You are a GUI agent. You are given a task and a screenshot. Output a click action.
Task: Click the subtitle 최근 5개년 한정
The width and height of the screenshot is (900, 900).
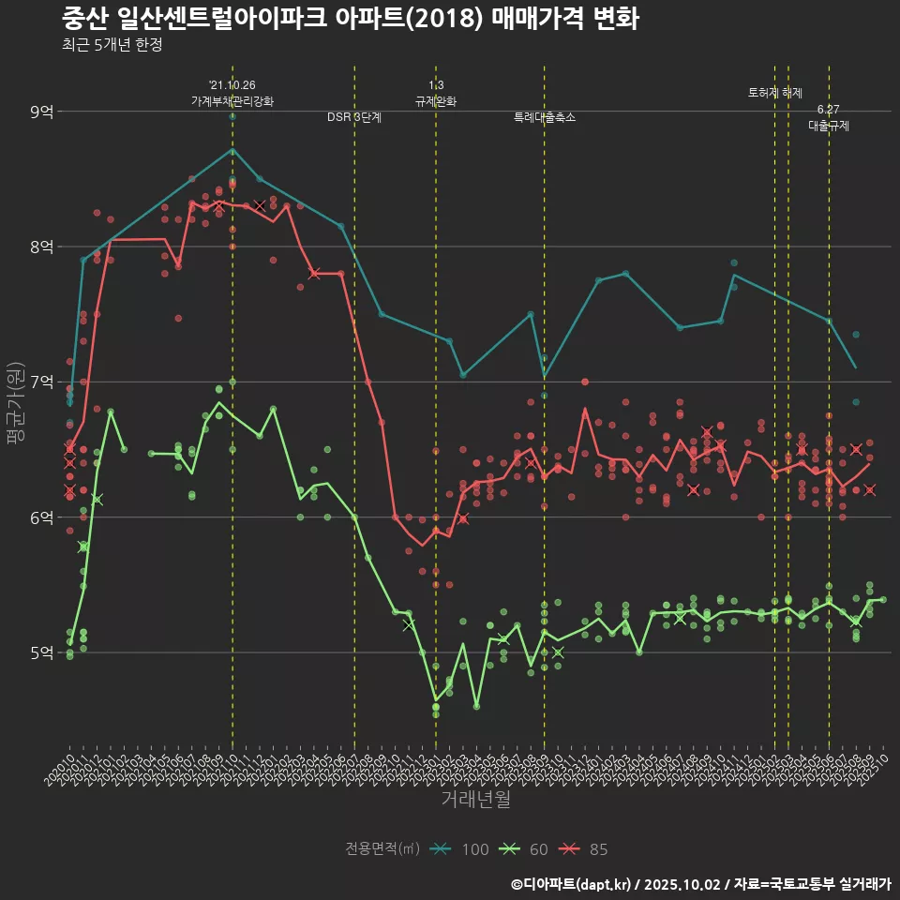112,45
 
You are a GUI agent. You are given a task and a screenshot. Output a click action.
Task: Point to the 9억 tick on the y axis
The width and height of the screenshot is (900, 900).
42,112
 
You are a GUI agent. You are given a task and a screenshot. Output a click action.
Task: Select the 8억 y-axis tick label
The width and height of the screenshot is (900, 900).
42,247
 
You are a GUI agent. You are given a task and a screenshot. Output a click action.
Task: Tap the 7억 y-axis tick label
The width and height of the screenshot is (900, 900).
42,382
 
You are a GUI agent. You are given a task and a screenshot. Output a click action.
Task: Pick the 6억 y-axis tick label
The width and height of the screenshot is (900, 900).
42,517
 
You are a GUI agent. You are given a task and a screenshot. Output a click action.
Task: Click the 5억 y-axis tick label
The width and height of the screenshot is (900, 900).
42,652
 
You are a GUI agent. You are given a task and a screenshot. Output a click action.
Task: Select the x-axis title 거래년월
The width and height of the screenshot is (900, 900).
476,800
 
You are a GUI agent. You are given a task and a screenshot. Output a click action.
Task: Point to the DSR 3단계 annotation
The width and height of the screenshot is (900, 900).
354,118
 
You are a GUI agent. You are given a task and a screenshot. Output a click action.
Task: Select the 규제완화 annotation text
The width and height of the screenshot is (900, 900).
436,101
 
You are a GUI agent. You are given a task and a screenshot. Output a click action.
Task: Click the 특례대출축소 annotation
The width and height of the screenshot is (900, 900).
545,118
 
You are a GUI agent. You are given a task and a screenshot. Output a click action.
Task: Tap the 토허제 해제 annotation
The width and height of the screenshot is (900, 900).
775,93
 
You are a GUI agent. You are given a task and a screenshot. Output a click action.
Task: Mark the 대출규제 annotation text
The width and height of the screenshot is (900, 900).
829,126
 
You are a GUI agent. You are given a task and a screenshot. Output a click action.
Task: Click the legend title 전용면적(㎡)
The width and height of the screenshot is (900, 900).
382,849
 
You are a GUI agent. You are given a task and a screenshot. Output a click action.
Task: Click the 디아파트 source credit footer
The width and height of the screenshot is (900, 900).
700,883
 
